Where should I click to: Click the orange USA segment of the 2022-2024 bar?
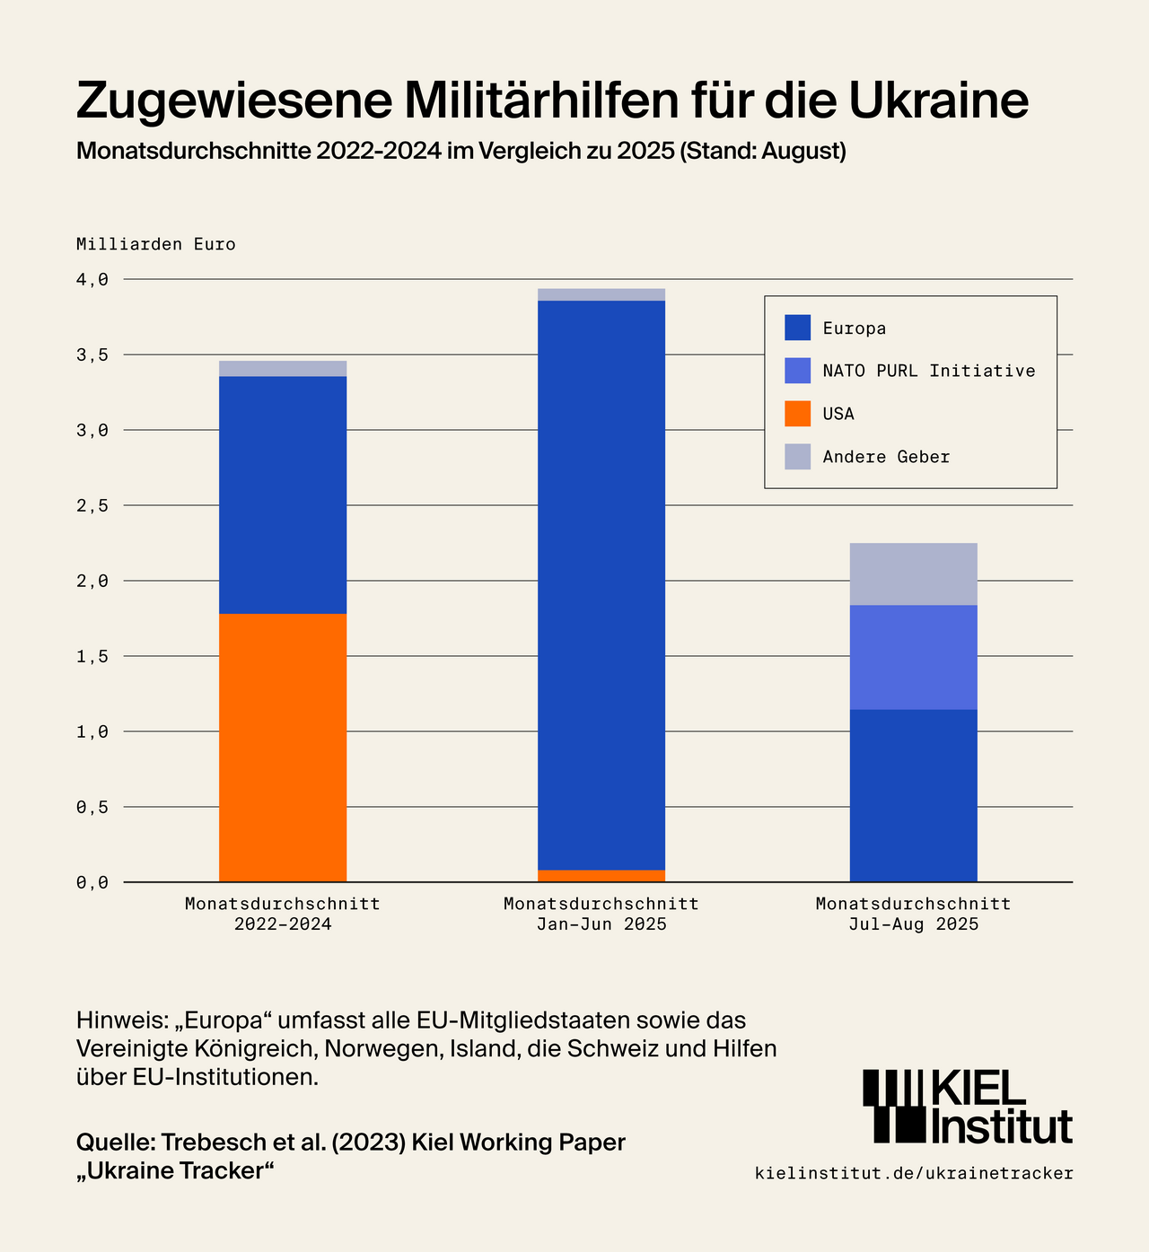(283, 747)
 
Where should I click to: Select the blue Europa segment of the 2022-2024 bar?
(283, 495)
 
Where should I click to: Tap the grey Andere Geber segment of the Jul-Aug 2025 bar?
(913, 573)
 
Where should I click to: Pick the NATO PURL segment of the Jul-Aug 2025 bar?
(913, 657)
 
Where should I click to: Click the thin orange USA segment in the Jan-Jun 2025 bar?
(601, 876)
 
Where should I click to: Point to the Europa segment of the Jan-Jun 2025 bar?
(601, 584)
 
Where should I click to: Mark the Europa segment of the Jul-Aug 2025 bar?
(913, 795)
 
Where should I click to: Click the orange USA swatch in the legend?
(797, 414)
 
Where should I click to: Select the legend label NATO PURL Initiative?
(929, 371)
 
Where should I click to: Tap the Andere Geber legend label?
(886, 457)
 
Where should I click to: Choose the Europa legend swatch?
(797, 328)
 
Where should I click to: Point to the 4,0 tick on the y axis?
(92, 280)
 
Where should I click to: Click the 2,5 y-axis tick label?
(92, 506)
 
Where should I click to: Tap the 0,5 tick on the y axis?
(92, 808)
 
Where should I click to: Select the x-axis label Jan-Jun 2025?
(601, 924)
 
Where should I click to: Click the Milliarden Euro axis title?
(155, 244)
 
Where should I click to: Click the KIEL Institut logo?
(967, 1107)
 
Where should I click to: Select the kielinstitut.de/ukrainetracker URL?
(914, 1173)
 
